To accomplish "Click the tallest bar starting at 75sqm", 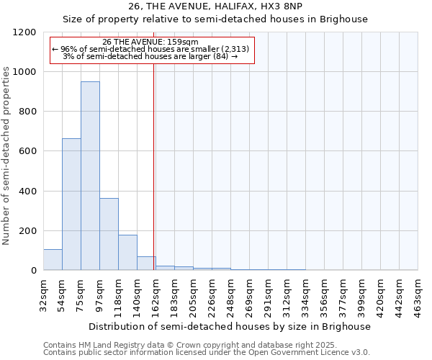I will pos(90,176).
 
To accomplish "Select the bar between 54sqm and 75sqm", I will pos(71,204).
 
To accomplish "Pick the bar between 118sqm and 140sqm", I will pos(127,252).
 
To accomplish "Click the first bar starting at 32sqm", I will pos(53,260).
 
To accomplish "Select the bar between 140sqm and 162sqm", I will pos(146,264).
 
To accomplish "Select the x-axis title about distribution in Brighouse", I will pos(230,326).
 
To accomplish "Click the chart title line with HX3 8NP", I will pos(215,6).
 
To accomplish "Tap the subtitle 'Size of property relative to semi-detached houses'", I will pos(215,19).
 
